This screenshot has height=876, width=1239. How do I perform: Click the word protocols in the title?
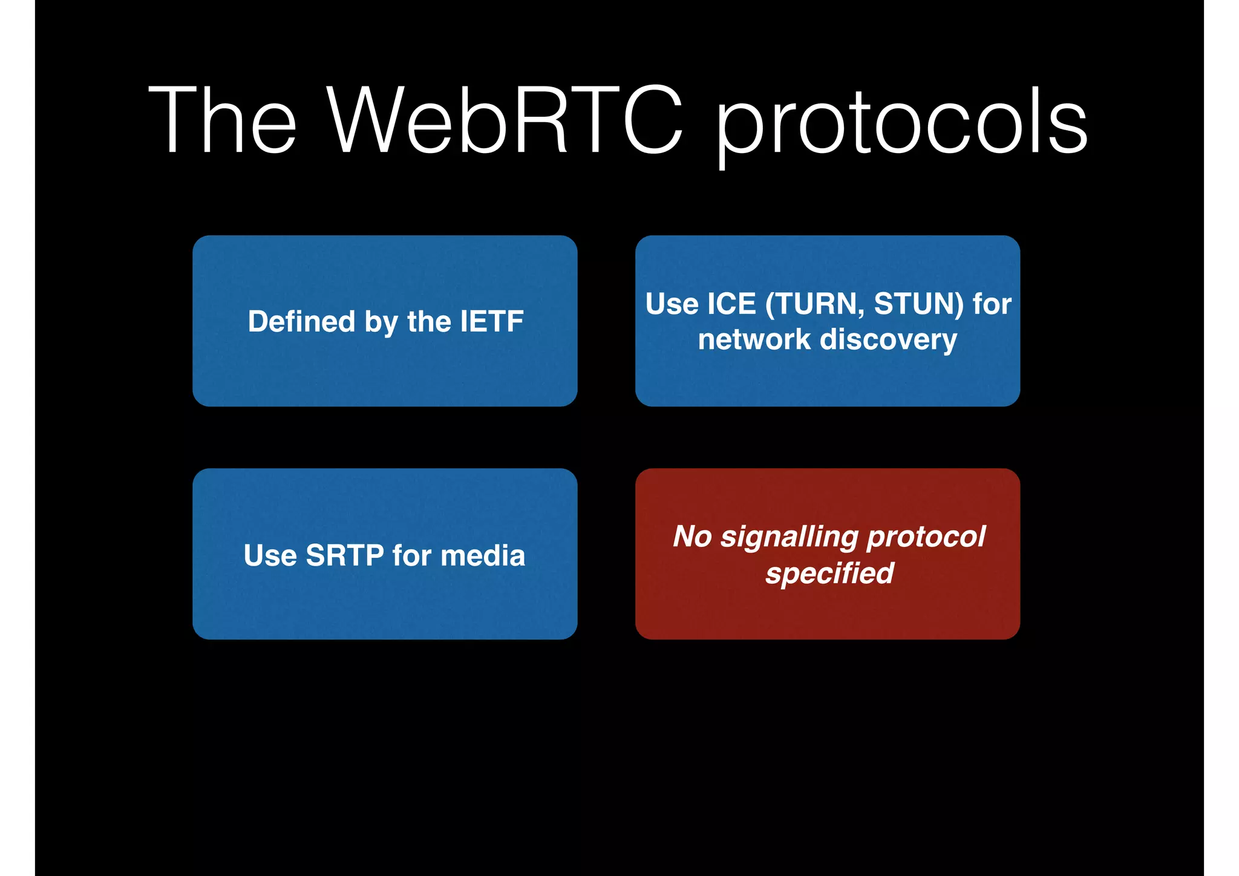(x=901, y=124)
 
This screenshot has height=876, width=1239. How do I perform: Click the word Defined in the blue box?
(x=301, y=321)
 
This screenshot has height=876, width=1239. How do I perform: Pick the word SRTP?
(x=344, y=555)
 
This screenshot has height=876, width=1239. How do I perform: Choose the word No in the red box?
(x=692, y=537)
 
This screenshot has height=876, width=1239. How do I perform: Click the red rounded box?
(x=827, y=611)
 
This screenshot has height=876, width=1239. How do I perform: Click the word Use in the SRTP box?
(x=270, y=555)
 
